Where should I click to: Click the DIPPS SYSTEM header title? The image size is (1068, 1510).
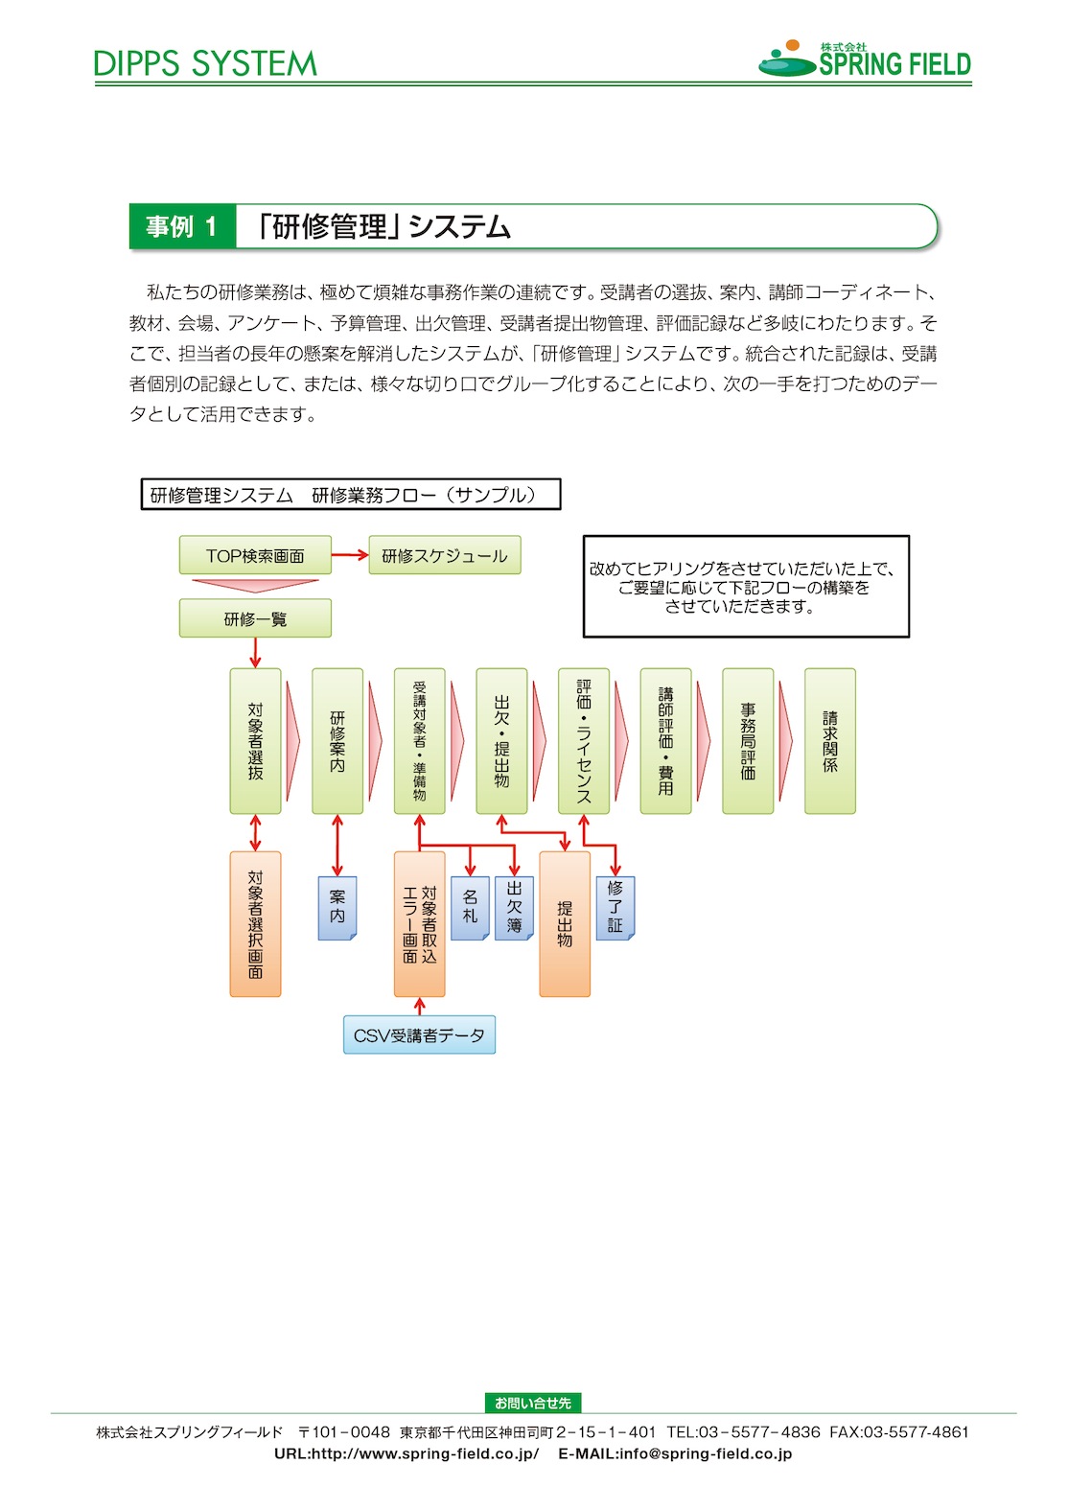pos(205,64)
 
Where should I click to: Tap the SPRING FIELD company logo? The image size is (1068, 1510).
pos(865,59)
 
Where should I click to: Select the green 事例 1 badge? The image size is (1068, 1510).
pos(183,226)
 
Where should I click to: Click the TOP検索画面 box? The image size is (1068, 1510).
pos(255,555)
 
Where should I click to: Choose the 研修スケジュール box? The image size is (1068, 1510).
pos(444,555)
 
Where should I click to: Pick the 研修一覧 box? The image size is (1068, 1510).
pos(255,618)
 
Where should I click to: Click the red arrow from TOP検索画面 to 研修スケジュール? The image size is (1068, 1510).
pos(350,555)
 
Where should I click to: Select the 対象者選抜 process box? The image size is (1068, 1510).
pos(255,741)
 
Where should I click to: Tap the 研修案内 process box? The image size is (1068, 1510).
pos(337,741)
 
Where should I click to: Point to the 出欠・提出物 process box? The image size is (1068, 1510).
pos(501,741)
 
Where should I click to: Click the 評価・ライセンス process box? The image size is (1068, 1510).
pos(584,741)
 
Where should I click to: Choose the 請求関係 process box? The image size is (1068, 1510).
pos(830,741)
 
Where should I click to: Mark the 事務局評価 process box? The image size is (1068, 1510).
pos(748,741)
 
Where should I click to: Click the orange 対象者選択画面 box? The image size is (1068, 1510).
pos(255,923)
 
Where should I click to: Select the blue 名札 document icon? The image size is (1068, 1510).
pos(470,908)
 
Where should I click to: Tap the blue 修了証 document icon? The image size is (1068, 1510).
pos(615,908)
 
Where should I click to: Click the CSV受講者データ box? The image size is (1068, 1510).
pos(419,1034)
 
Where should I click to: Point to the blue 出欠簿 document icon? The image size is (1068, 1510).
pos(515,908)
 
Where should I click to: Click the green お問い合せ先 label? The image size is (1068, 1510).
pos(533,1403)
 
